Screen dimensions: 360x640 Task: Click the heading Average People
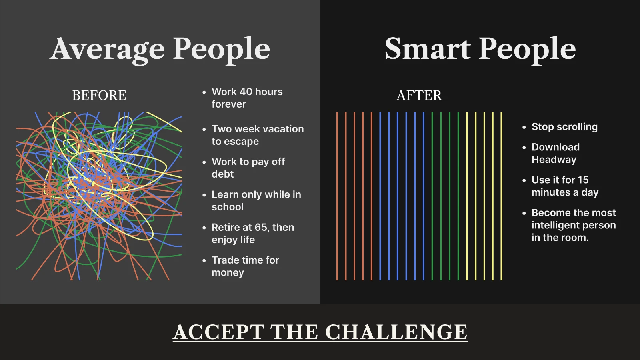160,49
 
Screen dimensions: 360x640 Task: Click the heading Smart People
480,49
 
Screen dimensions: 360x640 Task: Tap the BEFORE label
99,95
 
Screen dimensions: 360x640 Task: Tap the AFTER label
419,95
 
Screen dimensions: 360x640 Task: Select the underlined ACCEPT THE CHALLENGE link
320,332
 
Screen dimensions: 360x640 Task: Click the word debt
222,174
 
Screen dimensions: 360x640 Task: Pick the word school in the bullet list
227,207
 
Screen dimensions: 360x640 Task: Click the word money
228,272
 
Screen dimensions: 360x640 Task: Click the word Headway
554,160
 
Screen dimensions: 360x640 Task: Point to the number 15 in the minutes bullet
583,180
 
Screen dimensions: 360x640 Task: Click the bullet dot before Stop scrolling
524,127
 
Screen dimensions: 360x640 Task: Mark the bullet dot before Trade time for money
204,260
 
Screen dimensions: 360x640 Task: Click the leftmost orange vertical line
337,196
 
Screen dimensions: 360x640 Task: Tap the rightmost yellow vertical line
501,196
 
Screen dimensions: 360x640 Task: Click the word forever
228,104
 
